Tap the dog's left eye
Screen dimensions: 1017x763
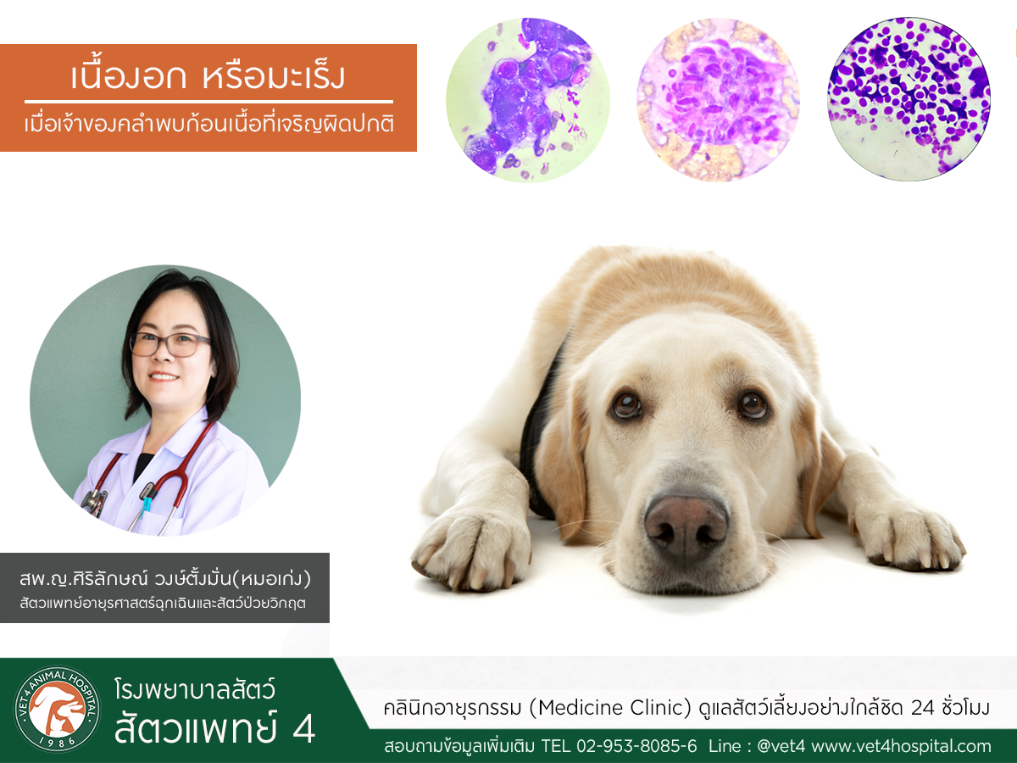click(752, 404)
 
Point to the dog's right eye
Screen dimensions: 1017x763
click(627, 405)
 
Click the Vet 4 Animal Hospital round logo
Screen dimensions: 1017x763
click(57, 710)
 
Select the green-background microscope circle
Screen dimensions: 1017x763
click(528, 99)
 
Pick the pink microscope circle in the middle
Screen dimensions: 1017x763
click(718, 99)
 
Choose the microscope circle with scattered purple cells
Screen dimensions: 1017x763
click(909, 98)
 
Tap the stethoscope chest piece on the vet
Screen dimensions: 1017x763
click(94, 501)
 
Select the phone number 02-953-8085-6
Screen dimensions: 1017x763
click(636, 746)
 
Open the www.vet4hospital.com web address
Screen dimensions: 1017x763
click(901, 746)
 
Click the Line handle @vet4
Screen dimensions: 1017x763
click(781, 746)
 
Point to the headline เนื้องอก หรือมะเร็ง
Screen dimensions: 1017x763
click(208, 75)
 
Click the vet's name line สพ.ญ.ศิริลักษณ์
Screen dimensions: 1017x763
click(165, 578)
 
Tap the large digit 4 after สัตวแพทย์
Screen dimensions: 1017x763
click(304, 728)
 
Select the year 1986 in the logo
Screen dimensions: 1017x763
click(58, 742)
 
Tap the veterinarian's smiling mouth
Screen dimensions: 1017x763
click(164, 377)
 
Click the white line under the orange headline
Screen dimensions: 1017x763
click(208, 101)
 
